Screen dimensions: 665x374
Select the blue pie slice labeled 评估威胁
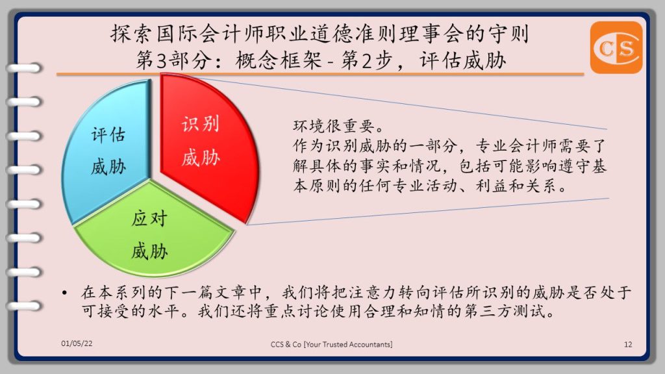108,151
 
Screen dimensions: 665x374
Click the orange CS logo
616,47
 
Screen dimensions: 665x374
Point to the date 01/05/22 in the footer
77,343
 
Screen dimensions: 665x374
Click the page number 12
628,344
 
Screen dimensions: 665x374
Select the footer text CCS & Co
286,344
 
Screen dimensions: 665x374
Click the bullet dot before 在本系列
64,293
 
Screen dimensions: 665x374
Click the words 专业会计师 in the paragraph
516,146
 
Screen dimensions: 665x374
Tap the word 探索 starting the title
131,34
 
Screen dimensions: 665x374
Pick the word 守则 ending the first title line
509,34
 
